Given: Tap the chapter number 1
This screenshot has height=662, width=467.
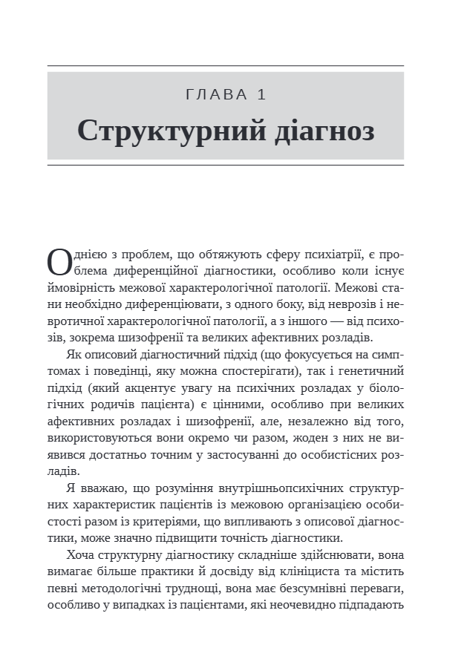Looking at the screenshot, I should [x=261, y=94].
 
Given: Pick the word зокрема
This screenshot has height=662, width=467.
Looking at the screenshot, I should [x=87, y=335].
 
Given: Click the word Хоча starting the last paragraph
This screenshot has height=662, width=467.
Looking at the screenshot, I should [x=82, y=555].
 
